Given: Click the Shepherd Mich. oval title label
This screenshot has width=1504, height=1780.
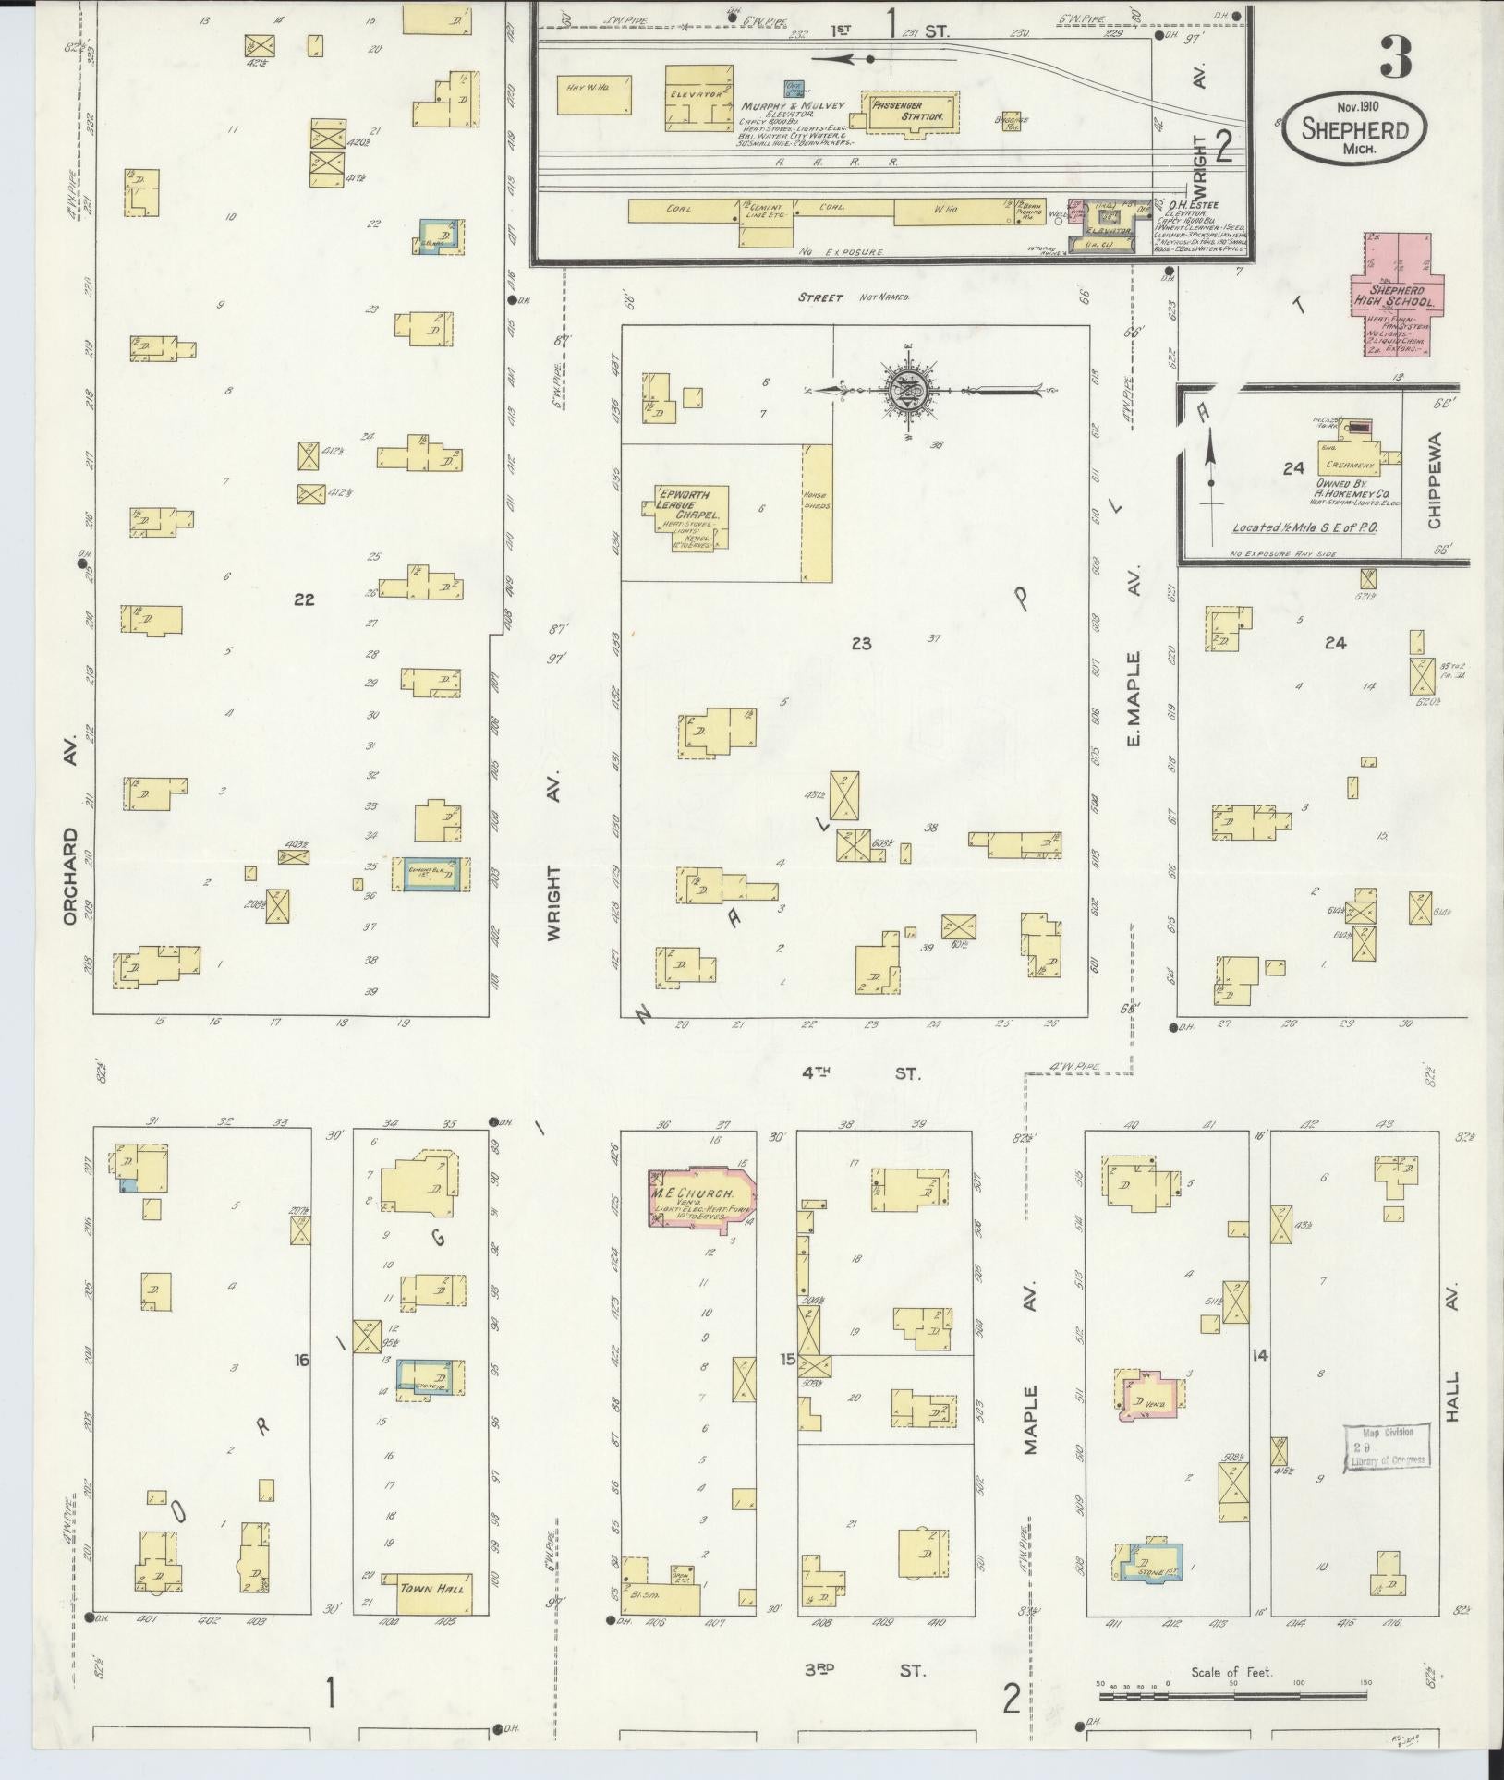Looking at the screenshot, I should pyautogui.click(x=1354, y=129).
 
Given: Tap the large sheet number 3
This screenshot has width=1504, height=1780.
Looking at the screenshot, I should pyautogui.click(x=1396, y=58).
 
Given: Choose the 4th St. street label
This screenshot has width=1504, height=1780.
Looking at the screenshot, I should pyautogui.click(x=860, y=1072).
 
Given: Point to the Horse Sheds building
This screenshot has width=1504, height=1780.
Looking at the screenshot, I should pyautogui.click(x=817, y=513).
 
